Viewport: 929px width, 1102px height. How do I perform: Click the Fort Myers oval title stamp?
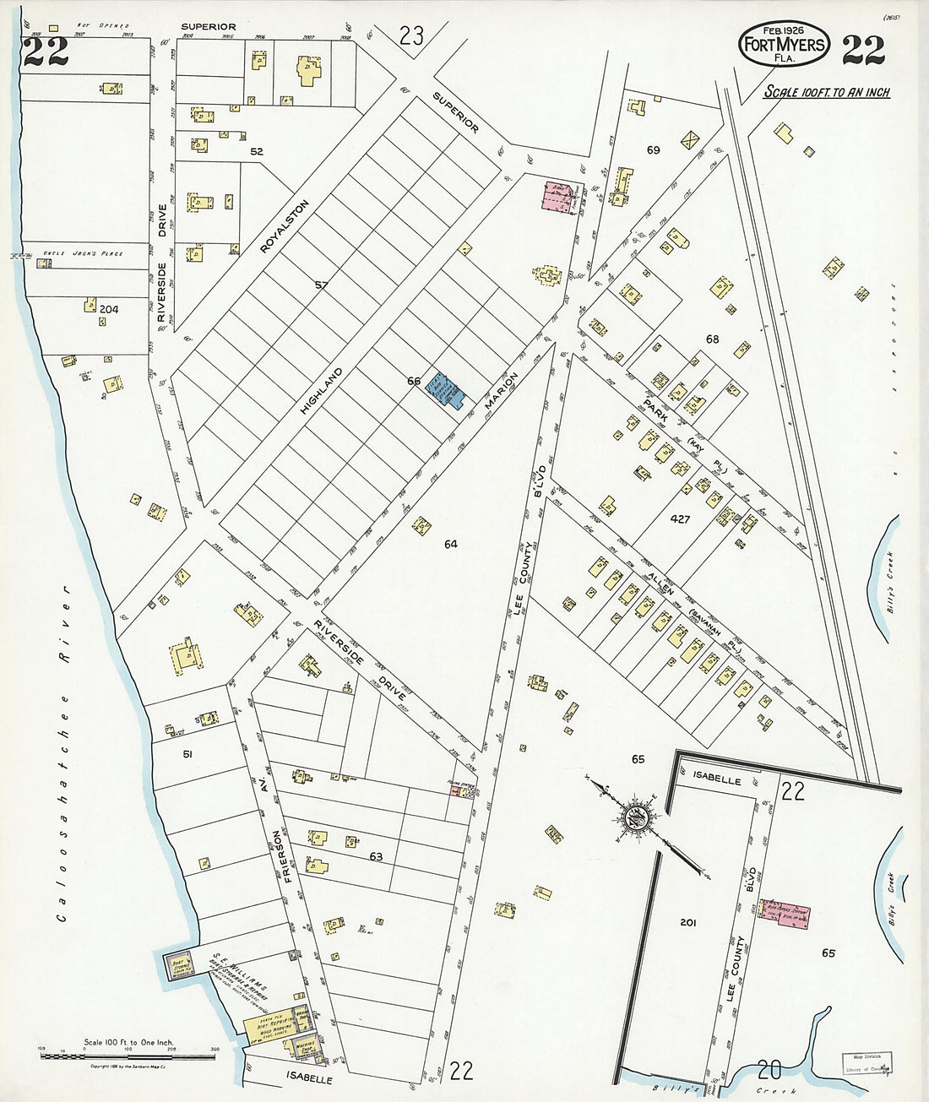[783, 44]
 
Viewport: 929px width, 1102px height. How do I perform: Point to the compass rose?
[634, 817]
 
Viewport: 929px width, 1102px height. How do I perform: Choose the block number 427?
[680, 519]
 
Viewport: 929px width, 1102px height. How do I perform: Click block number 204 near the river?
[109, 310]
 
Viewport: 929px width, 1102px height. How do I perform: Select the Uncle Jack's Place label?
[84, 253]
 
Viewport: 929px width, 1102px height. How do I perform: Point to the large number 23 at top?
[411, 36]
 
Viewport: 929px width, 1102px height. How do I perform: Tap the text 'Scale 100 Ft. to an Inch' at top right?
[826, 93]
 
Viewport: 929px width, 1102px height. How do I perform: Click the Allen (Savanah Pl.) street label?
[676, 601]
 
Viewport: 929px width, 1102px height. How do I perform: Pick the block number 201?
[687, 923]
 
